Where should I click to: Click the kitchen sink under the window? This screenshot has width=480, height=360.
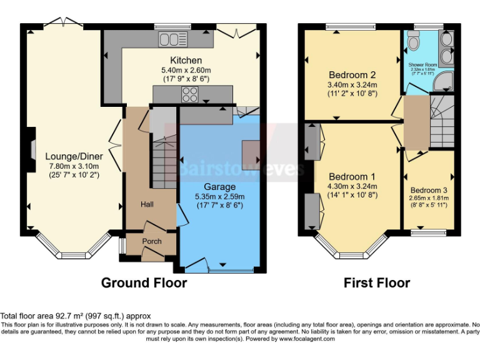[169, 40]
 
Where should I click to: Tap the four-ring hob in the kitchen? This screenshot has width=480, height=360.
[189, 95]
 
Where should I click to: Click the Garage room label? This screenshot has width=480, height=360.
[220, 186]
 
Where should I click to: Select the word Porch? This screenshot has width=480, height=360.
[152, 241]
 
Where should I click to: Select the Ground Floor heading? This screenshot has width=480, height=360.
[144, 283]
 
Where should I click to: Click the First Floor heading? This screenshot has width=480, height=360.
[377, 283]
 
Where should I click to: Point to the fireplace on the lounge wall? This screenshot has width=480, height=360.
[29, 150]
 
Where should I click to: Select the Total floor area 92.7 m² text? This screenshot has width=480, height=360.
[75, 316]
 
